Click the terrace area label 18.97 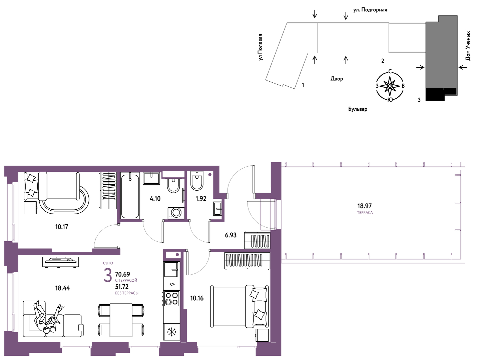pos(364,206)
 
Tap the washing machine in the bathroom pos(176,213)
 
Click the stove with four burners pos(171,298)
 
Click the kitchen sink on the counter pos(171,269)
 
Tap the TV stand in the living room pos(60,262)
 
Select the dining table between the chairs pos(121,320)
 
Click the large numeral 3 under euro pos(108,275)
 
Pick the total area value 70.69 pos(122,274)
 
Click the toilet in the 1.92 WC pos(197,181)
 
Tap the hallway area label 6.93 pos(230,235)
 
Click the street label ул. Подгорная pos(370,10)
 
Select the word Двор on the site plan pos(337,79)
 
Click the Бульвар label pos(358,109)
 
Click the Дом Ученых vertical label pos(468,46)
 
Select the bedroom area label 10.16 pos(197,298)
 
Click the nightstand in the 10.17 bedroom pos(30,208)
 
